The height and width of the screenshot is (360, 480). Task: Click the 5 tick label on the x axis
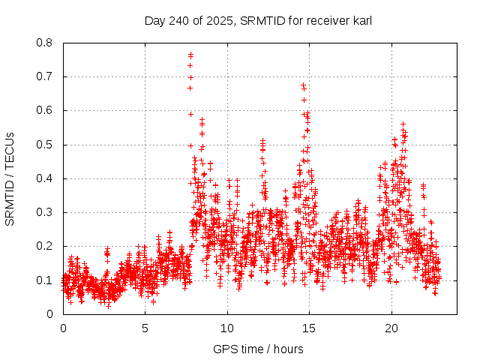[x=145, y=328]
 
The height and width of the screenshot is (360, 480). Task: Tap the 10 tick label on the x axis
[x=227, y=328]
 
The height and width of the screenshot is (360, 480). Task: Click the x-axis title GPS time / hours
[x=258, y=349]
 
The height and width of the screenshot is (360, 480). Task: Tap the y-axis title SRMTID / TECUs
[x=10, y=178]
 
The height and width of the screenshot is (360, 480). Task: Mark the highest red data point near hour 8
[x=190, y=54]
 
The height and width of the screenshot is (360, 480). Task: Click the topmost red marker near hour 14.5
[x=303, y=85]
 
